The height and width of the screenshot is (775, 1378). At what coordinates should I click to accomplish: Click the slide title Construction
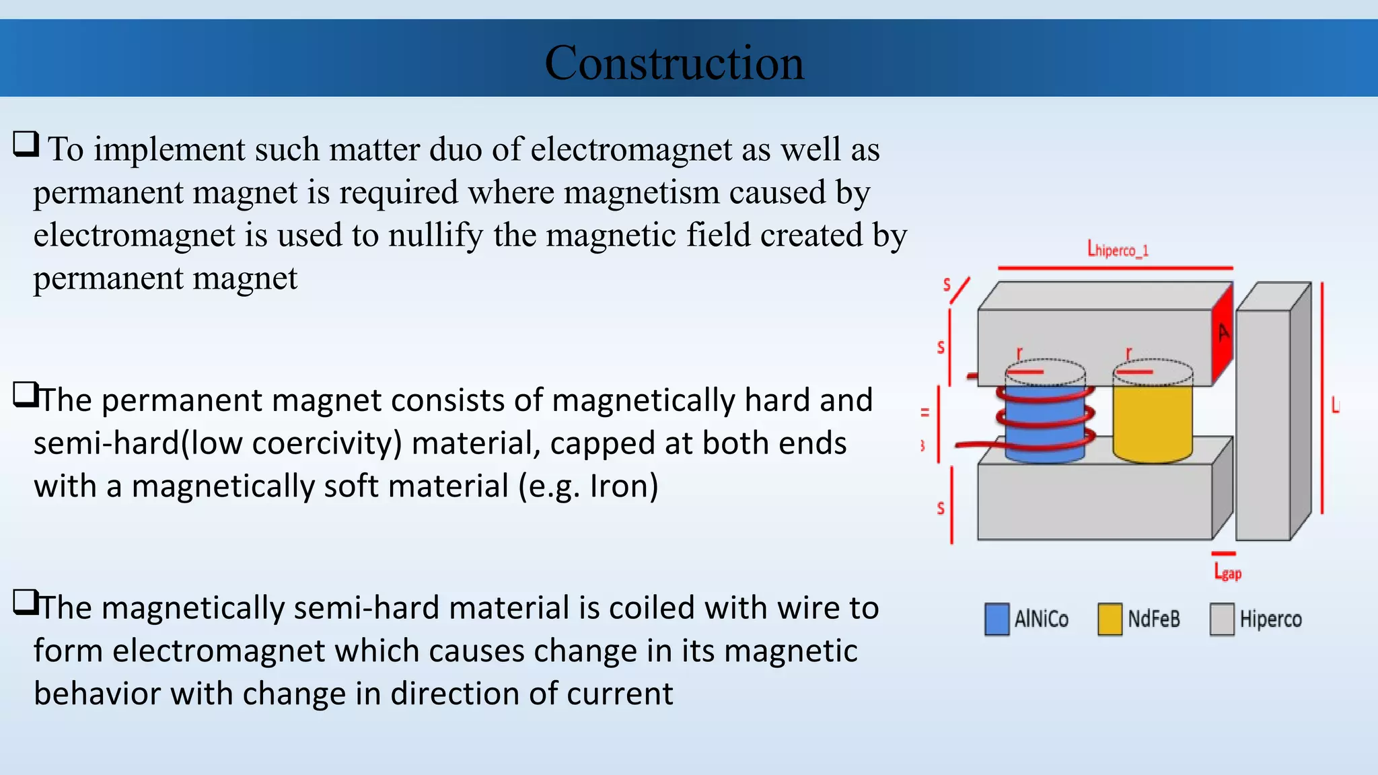[674, 63]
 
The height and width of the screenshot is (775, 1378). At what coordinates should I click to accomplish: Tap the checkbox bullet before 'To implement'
[26, 144]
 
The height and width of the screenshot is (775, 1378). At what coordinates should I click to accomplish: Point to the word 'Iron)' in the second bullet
[624, 486]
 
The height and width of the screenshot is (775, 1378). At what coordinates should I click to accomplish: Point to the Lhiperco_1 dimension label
[1118, 250]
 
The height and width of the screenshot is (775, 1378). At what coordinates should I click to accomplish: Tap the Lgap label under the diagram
[1227, 573]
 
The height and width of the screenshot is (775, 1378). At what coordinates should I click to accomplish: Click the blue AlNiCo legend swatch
[996, 619]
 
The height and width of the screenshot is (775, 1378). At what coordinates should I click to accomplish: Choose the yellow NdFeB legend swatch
[1110, 619]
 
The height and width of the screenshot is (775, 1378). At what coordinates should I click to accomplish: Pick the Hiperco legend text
[1270, 619]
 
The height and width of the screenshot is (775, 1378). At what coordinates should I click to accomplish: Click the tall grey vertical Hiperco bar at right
[1263, 424]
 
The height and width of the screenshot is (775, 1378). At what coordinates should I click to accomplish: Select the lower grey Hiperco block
[1094, 501]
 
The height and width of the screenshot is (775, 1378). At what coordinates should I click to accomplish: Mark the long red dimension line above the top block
[1115, 268]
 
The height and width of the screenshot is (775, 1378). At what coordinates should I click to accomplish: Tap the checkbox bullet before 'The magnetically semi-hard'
[26, 602]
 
